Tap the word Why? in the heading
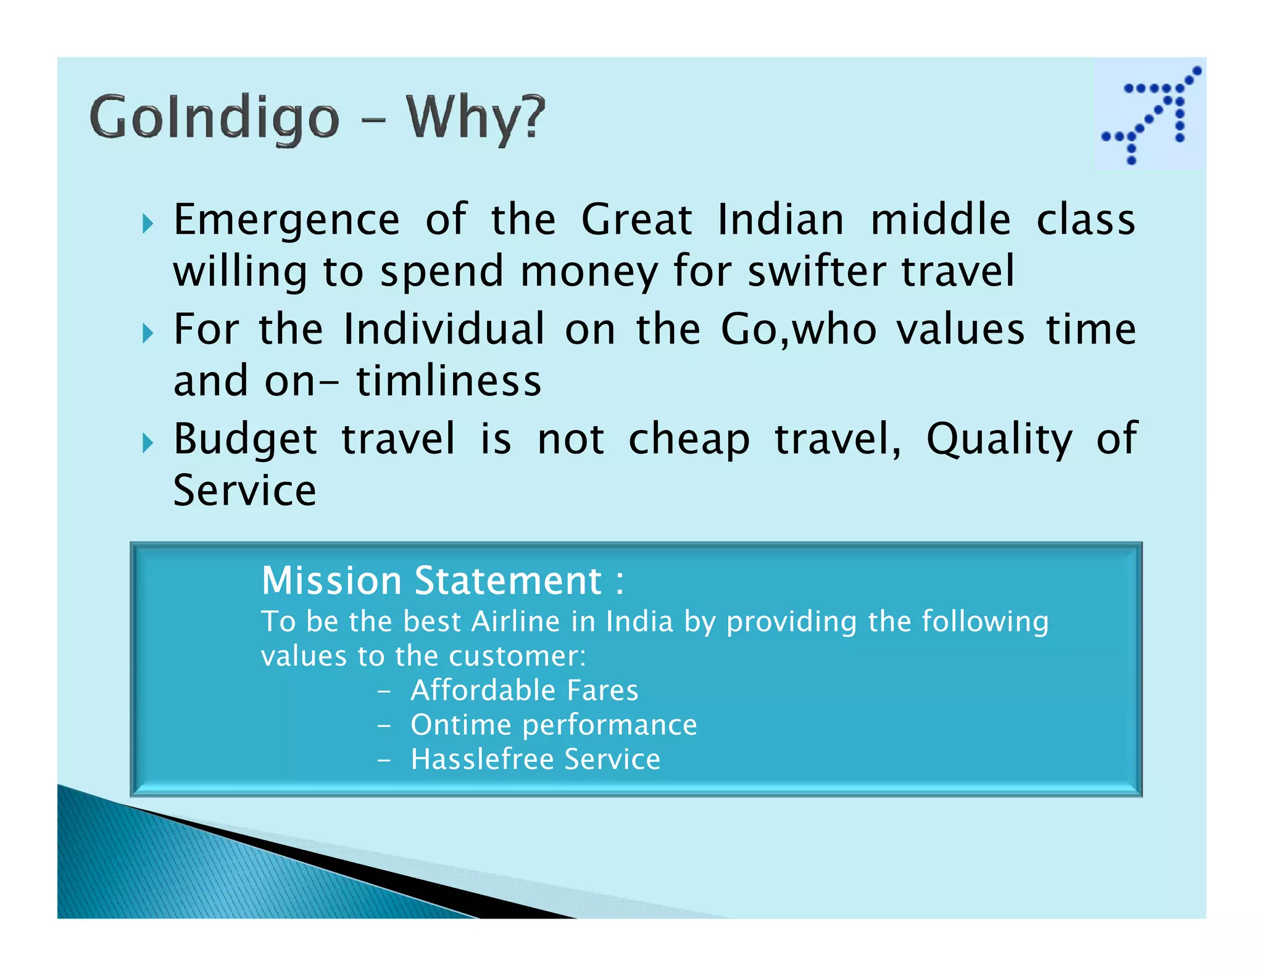pos(475,118)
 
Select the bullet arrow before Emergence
pos(147,223)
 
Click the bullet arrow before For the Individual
pos(147,333)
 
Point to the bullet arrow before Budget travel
pos(147,442)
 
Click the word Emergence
pos(286,220)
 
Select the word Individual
pos(444,329)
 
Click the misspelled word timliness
pos(449,381)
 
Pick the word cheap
pos(689,440)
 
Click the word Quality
pos(999,440)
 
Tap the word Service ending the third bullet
pos(244,491)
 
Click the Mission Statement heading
pos(442,581)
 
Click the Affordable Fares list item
pos(524,690)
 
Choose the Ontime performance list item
pos(553,725)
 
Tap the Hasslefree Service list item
pos(535,759)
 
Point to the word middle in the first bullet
pos(940,220)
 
